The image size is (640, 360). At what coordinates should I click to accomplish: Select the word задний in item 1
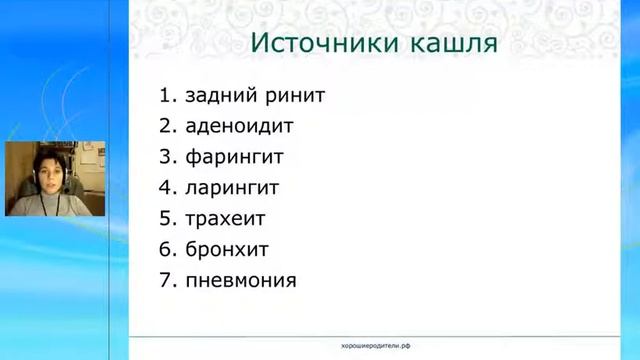click(220, 96)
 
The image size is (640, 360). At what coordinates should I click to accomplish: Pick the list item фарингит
click(235, 157)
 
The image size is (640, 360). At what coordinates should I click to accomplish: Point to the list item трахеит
click(225, 218)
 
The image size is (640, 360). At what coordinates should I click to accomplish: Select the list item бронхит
click(227, 248)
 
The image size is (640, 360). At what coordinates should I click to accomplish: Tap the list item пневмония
click(241, 279)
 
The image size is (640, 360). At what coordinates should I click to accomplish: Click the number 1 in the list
click(165, 96)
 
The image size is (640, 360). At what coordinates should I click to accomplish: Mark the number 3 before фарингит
click(165, 157)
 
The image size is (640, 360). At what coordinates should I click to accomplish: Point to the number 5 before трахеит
click(165, 218)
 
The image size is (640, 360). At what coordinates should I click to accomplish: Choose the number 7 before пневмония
click(165, 279)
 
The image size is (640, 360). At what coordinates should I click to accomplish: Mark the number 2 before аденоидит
click(165, 127)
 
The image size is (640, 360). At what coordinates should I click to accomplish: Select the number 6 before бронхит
click(165, 248)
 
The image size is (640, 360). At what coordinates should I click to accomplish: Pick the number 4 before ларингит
click(165, 187)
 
